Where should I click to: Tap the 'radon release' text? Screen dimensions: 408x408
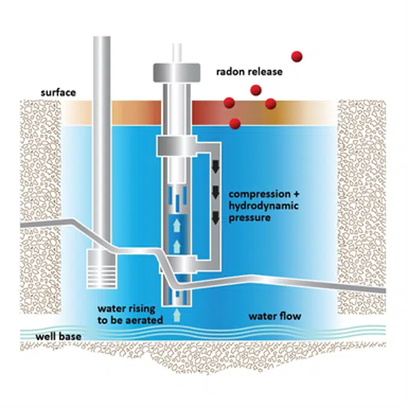(249, 72)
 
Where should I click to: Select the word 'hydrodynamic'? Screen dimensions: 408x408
(256, 206)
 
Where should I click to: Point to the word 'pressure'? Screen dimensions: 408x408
(249, 218)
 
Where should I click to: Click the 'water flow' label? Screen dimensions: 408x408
(274, 316)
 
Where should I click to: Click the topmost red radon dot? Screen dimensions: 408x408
(297, 57)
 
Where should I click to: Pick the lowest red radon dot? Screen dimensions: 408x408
(235, 124)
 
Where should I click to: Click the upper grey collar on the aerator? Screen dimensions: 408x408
(177, 146)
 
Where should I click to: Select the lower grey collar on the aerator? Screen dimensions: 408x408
(177, 264)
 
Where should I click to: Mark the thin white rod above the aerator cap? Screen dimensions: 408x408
(177, 52)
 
